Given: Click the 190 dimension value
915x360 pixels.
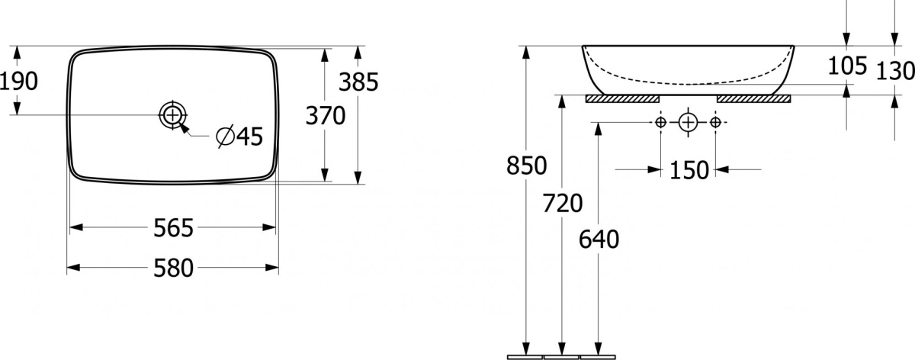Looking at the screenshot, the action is tap(19, 81).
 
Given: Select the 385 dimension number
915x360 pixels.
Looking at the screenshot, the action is tap(358, 82).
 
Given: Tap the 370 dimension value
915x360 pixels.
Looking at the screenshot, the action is tap(326, 116).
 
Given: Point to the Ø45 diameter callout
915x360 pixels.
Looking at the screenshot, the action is tap(239, 136).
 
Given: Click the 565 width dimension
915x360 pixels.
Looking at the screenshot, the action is tap(173, 228).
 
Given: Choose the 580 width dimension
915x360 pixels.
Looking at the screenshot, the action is tap(173, 268).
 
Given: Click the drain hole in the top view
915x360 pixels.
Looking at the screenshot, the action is tap(173, 115).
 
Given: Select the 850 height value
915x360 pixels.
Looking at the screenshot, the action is tap(527, 166).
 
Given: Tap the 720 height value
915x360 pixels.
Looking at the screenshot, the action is tap(563, 203).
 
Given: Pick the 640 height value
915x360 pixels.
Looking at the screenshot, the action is tap(599, 239).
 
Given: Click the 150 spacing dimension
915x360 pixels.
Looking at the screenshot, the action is tap(689, 170).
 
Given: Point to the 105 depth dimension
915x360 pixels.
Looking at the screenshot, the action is tap(847, 66).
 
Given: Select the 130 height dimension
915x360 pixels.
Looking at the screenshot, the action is tap(896, 71).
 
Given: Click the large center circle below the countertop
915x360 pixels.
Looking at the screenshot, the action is tap(688, 122).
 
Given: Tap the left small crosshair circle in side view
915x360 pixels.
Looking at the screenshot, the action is tap(660, 122).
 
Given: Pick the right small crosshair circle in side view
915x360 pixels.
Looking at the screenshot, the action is tap(715, 122).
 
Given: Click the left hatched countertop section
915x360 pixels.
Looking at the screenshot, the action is tap(622, 99).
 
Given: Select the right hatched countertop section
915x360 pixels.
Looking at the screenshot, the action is tap(754, 99).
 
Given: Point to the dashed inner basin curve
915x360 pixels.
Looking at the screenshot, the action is tap(688, 84).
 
